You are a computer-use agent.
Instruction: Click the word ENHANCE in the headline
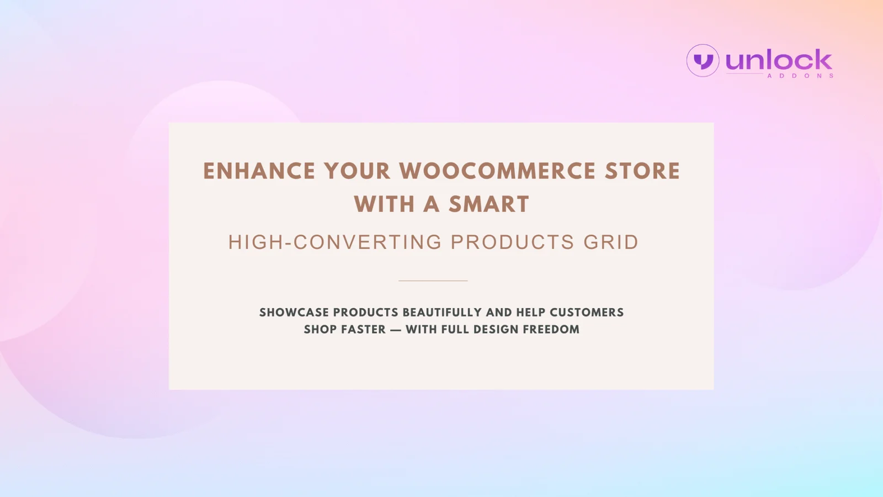point(259,171)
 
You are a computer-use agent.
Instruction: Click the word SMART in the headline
point(489,204)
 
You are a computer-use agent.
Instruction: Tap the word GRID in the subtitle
point(610,242)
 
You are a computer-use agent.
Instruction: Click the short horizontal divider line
point(433,281)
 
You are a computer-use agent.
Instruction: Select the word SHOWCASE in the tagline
point(294,313)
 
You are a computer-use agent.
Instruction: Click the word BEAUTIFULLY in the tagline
point(442,313)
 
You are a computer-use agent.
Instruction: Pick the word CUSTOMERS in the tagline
point(587,313)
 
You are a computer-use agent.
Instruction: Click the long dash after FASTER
point(396,330)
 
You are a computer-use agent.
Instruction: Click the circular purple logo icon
point(703,60)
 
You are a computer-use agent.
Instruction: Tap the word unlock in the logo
point(779,60)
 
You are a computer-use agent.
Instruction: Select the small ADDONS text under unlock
point(800,76)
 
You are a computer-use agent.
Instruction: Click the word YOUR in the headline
point(357,171)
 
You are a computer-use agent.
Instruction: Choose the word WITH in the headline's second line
point(384,204)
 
